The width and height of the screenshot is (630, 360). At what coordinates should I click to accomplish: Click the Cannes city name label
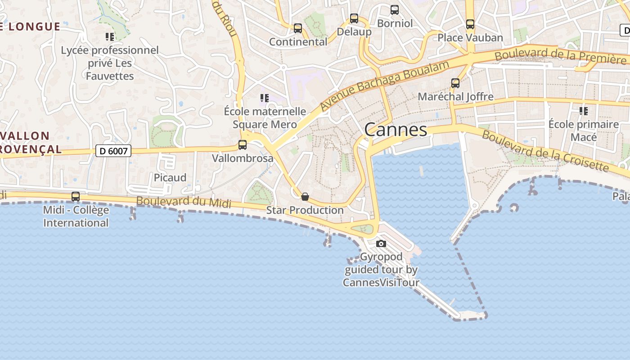(396, 130)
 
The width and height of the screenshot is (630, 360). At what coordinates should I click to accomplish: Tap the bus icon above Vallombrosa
(243, 145)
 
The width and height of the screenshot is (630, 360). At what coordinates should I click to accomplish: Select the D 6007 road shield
(113, 151)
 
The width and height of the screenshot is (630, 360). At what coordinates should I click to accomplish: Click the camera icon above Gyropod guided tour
(381, 243)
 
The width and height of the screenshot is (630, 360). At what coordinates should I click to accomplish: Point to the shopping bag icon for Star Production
(305, 197)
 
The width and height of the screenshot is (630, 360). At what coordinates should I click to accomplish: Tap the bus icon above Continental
(298, 28)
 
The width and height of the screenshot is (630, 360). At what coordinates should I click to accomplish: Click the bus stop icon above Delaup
(354, 18)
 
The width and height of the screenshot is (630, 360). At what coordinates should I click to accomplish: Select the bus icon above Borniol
(395, 9)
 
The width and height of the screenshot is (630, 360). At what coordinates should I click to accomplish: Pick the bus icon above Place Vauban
(470, 24)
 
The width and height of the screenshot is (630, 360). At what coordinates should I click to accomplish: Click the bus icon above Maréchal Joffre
(455, 83)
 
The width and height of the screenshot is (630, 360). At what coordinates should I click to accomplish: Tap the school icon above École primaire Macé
(584, 111)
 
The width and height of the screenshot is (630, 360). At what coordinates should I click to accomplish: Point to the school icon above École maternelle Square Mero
(265, 98)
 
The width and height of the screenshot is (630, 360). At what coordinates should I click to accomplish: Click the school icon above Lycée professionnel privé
(110, 36)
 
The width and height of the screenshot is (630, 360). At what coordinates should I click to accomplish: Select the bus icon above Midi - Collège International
(76, 197)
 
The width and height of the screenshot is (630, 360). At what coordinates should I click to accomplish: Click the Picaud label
(170, 178)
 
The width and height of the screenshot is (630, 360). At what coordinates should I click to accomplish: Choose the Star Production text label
(305, 210)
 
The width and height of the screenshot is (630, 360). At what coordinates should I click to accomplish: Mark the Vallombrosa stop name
(243, 158)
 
